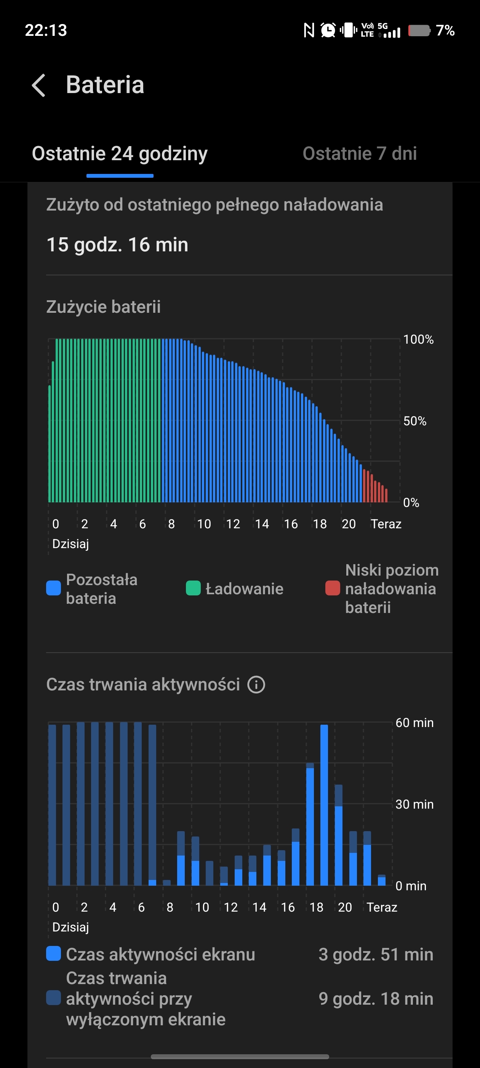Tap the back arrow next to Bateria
[39, 85]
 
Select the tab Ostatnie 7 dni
[360, 154]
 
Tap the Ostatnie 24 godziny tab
[120, 154]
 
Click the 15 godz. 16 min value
[117, 244]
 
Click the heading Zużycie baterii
[103, 307]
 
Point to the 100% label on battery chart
[418, 339]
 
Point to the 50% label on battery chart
[414, 421]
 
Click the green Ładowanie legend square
[193, 588]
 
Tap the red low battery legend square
[333, 588]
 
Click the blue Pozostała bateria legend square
[53, 588]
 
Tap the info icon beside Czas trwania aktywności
[256, 685]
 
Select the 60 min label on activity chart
[414, 723]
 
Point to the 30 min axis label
[414, 804]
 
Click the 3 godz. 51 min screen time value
[376, 955]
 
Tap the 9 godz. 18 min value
[376, 999]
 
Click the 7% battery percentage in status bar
[445, 30]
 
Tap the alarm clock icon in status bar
[328, 30]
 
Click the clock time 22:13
[46, 30]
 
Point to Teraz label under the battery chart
[386, 524]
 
